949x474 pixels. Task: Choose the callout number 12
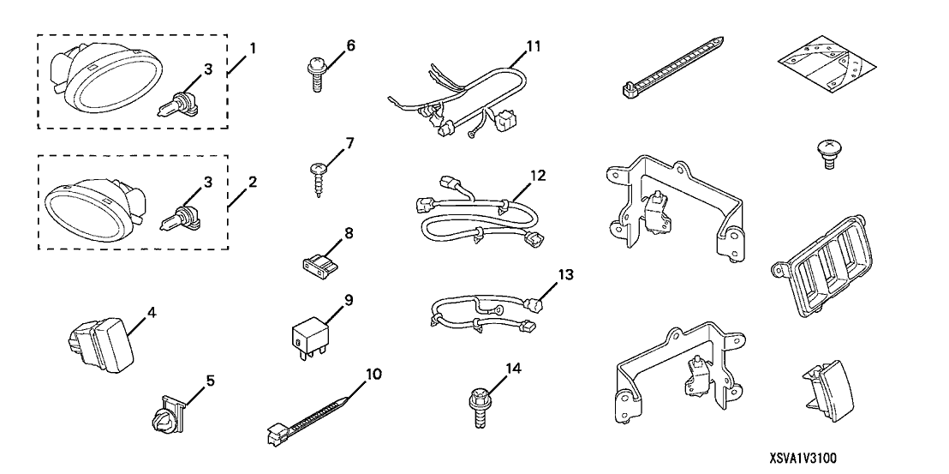(x=537, y=175)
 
